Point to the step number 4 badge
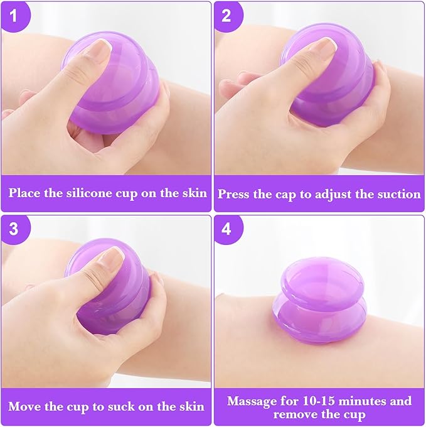point(226,229)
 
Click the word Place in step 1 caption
point(26,193)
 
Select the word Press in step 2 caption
point(235,194)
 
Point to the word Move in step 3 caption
point(24,406)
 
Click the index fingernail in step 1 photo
point(100,47)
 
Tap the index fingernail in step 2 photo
point(324,46)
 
